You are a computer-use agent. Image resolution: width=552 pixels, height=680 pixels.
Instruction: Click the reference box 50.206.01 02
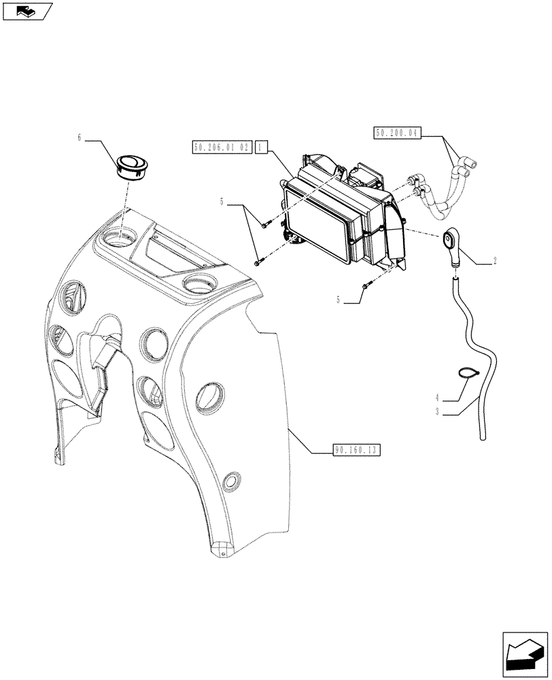222,146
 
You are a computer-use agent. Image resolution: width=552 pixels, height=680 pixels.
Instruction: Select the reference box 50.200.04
398,134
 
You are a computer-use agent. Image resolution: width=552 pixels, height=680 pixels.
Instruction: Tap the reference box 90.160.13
356,450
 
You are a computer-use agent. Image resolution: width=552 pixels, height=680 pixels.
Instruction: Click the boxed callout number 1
262,146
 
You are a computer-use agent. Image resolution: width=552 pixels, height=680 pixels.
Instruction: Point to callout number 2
495,260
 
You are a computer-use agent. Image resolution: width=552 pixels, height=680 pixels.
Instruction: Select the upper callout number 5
221,201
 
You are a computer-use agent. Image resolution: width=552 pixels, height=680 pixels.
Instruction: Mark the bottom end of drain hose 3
483,438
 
